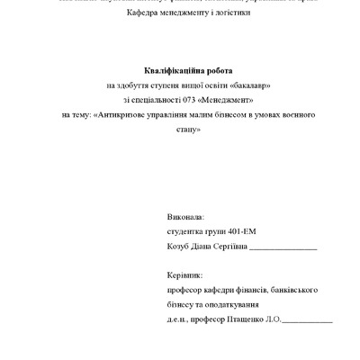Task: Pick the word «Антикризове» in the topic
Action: click(120, 115)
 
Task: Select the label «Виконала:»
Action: click(186, 219)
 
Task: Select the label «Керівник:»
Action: click(185, 275)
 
